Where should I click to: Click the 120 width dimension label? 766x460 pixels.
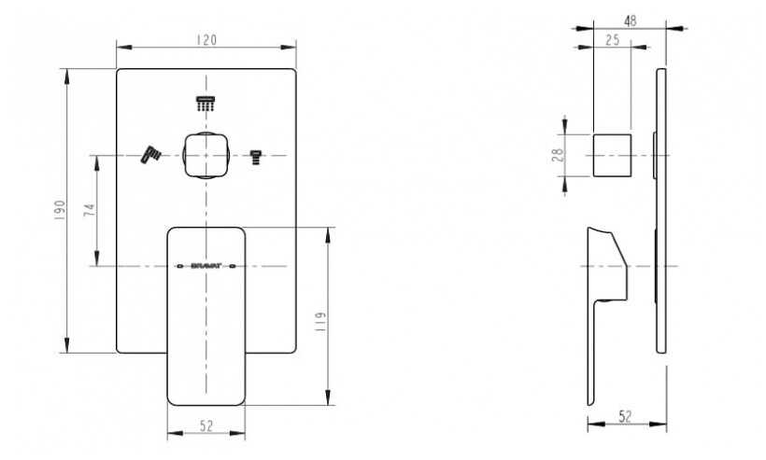[206, 39]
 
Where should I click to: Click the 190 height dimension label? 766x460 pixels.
[57, 211]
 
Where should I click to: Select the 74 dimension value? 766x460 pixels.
[88, 210]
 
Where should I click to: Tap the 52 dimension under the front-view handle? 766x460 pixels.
[206, 425]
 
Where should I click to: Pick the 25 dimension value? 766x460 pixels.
[614, 39]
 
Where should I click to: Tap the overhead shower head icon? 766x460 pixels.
[205, 104]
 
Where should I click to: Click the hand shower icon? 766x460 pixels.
[151, 153]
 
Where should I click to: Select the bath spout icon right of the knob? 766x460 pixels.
[255, 156]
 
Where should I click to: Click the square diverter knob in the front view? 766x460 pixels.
[206, 155]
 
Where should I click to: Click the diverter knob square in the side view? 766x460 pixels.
[612, 155]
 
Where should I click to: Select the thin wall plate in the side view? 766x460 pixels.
[661, 211]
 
